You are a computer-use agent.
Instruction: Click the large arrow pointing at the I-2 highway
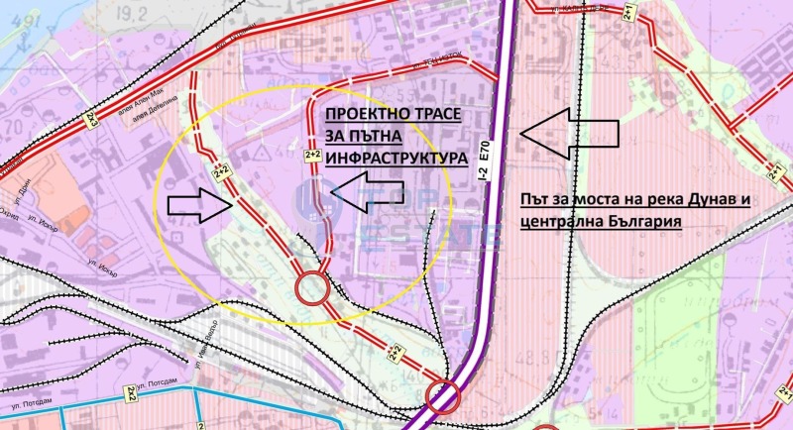tap(569, 132)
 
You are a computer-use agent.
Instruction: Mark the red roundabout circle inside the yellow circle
tap(312, 288)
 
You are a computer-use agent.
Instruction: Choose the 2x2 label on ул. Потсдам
tap(131, 393)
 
